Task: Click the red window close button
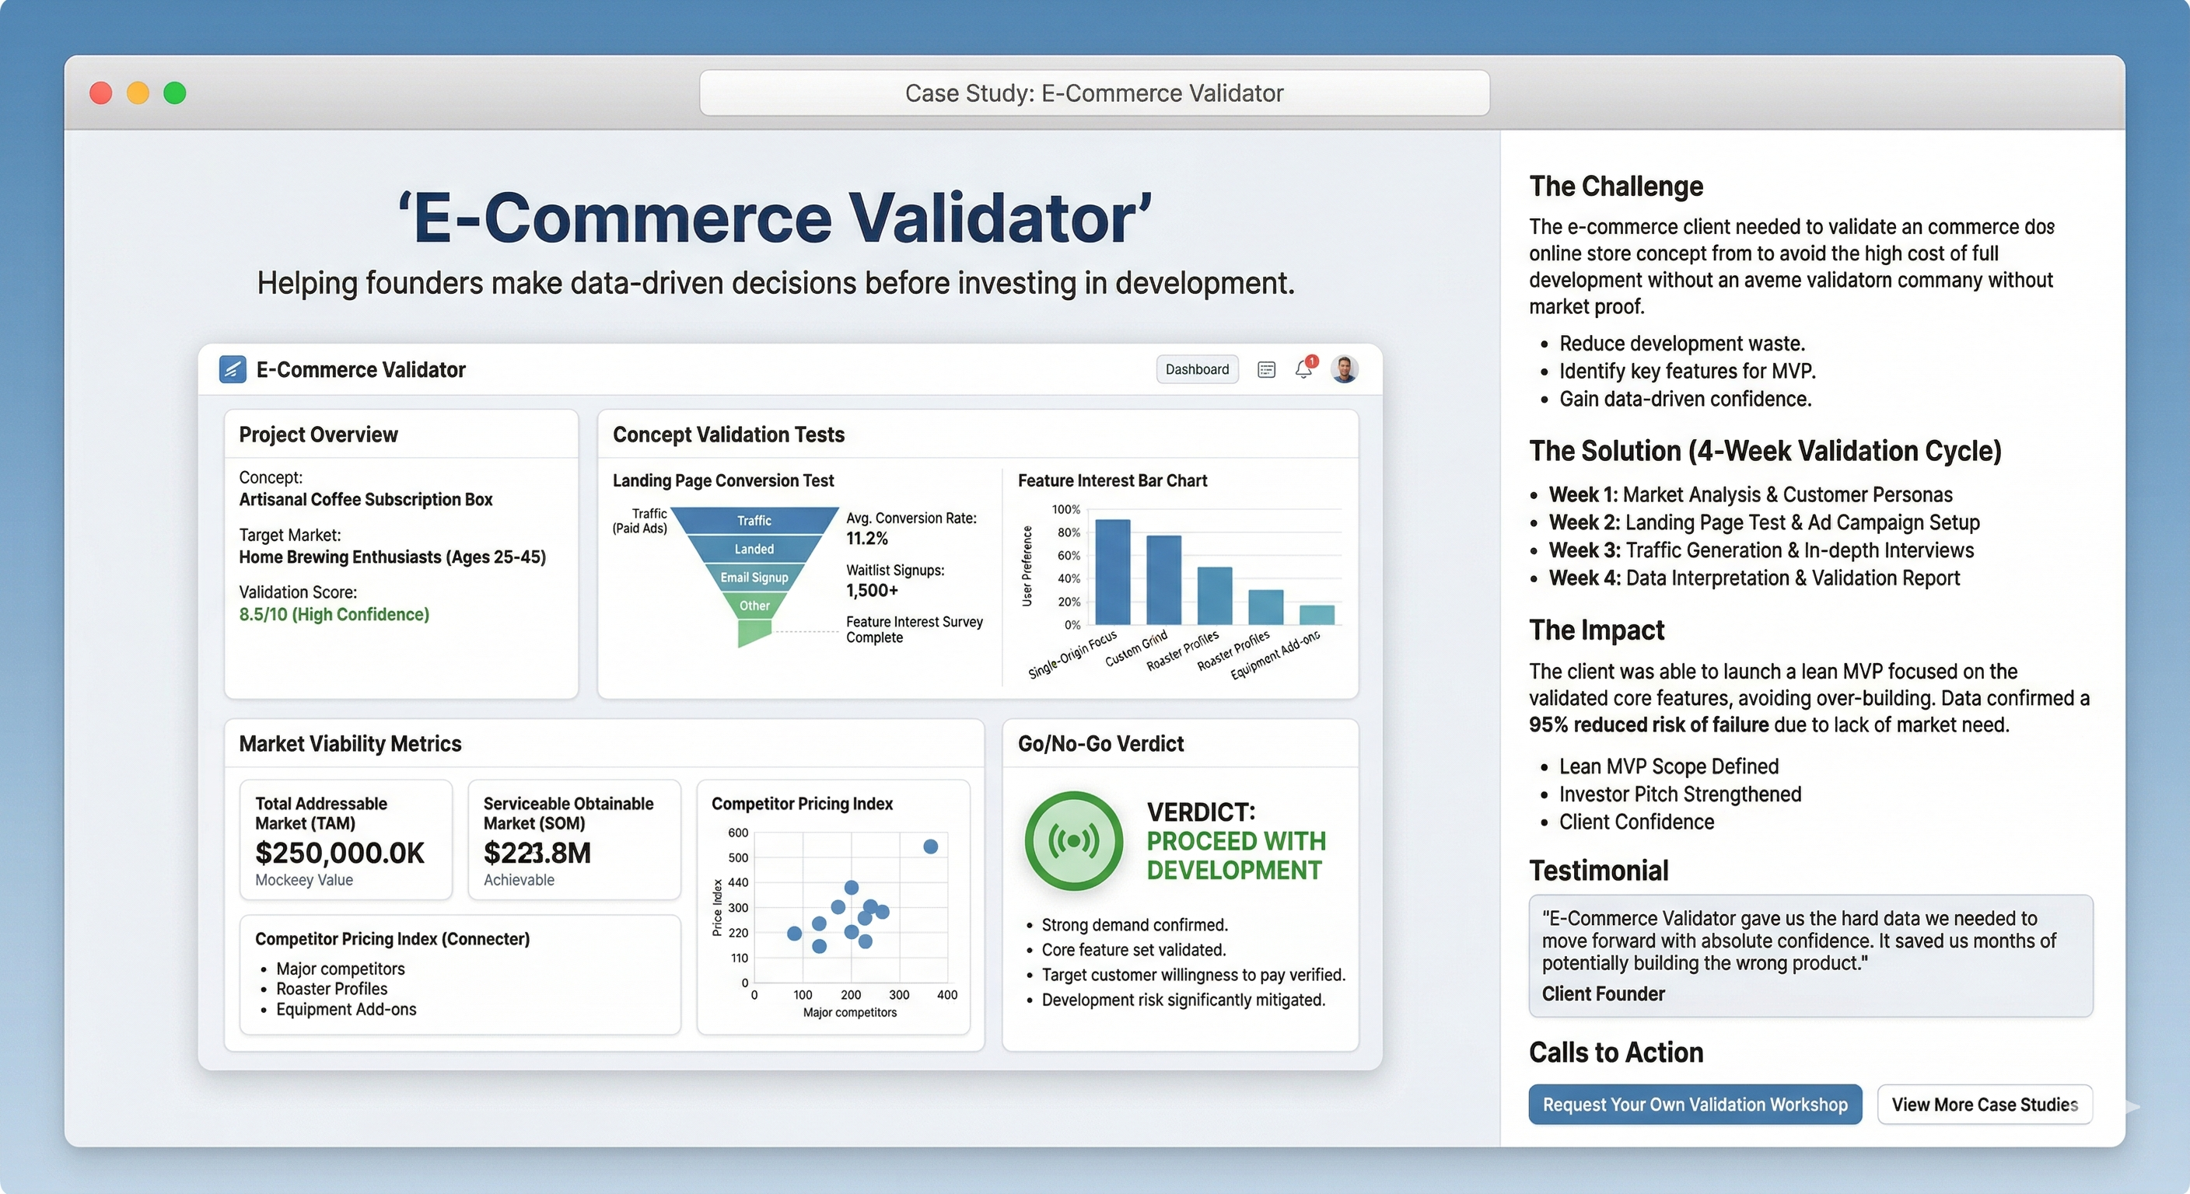click(101, 93)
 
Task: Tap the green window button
click(175, 93)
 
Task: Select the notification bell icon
click(1303, 368)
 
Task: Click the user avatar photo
click(1344, 368)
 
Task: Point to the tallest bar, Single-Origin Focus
click(1112, 572)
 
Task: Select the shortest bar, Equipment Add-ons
click(1317, 614)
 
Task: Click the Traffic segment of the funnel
click(754, 520)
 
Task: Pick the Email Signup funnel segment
click(754, 578)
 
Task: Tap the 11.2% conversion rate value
click(867, 538)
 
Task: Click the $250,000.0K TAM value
click(339, 853)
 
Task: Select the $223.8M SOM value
click(537, 853)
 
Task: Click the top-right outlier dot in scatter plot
click(931, 847)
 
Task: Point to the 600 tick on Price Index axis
click(738, 833)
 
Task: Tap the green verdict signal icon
click(1074, 840)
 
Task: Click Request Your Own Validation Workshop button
click(1695, 1105)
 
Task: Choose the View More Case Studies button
click(1984, 1105)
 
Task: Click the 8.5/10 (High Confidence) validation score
click(334, 614)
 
